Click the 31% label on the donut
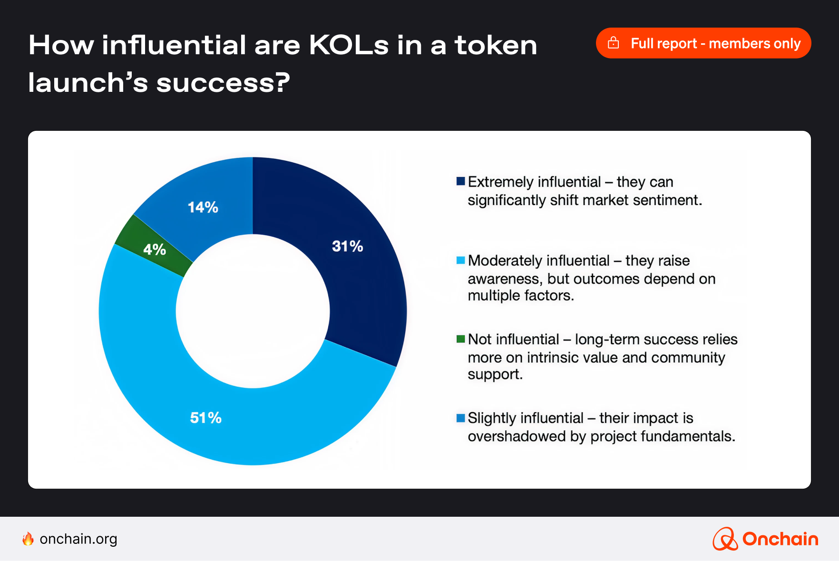point(347,246)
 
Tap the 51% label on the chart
point(205,418)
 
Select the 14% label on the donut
point(203,207)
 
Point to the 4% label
point(155,249)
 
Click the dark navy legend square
point(460,181)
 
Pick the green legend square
point(460,339)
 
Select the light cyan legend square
point(460,260)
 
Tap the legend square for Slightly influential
point(460,418)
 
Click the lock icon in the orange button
point(614,43)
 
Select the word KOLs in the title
point(349,45)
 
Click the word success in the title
point(222,83)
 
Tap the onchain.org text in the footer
point(78,539)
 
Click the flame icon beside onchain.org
point(28,539)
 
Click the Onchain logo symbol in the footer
point(724,539)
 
